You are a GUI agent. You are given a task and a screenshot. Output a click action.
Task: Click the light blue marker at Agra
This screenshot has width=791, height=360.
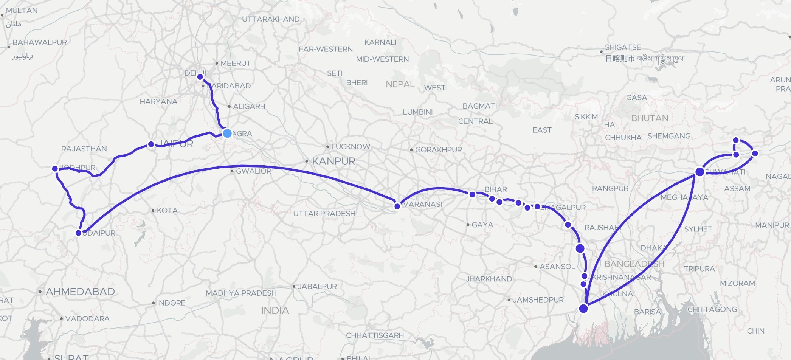227,133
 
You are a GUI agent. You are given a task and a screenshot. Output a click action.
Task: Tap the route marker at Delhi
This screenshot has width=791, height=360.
200,77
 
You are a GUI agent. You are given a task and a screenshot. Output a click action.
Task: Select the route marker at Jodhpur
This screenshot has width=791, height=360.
55,169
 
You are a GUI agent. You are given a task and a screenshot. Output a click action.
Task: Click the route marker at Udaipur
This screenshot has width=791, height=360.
78,233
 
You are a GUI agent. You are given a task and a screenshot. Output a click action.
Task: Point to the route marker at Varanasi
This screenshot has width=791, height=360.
397,206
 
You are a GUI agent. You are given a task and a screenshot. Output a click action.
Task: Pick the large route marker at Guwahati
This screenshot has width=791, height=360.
699,172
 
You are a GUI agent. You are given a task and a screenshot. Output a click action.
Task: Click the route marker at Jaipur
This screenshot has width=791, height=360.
151,144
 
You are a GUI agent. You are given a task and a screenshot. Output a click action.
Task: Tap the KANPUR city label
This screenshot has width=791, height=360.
333,161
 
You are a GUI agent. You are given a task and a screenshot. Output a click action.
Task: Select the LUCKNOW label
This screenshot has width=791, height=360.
351,147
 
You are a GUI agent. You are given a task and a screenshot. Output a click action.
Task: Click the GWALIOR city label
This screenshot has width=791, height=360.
253,171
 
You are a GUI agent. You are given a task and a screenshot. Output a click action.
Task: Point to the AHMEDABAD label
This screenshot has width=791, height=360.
80,292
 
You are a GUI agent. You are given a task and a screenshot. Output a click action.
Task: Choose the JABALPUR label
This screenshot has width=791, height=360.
317,286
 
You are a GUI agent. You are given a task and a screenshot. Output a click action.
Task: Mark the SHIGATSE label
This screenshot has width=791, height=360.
623,47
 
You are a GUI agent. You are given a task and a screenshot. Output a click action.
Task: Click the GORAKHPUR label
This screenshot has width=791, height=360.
438,150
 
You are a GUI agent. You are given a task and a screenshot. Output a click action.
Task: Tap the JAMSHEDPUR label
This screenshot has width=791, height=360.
538,300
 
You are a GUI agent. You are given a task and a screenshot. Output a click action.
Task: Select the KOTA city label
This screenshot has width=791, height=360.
167,210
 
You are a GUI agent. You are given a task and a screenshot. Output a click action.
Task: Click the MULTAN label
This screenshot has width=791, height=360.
22,11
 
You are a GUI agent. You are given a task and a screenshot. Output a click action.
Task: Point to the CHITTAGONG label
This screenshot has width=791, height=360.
712,309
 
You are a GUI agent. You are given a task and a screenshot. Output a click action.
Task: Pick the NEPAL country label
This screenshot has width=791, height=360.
400,84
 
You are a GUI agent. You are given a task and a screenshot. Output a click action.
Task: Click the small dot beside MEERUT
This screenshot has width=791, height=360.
217,63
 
